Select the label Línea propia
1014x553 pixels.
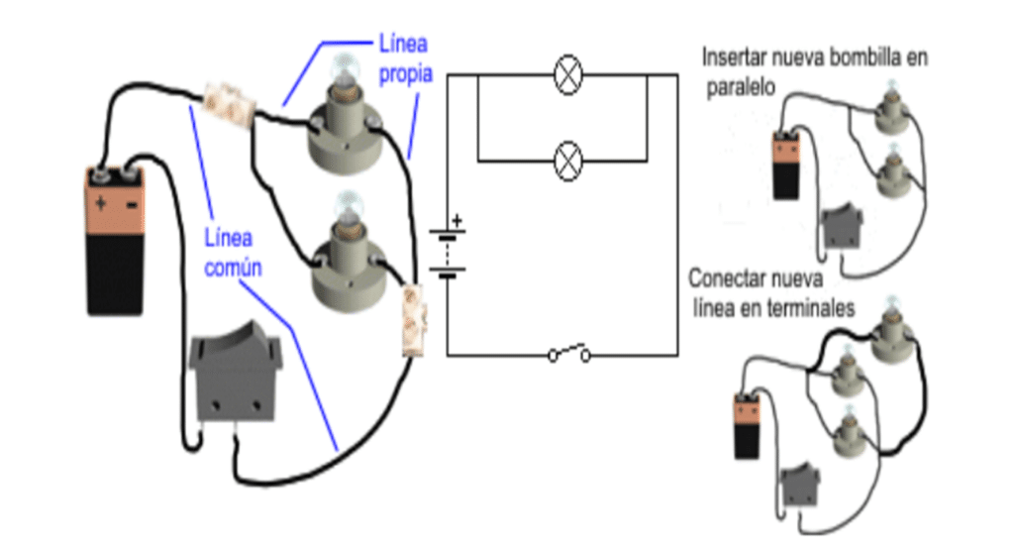(404, 56)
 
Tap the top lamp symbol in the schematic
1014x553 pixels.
(566, 75)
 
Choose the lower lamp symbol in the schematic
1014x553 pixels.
(566, 159)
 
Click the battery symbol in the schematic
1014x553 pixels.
(448, 254)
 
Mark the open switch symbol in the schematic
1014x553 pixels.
(569, 353)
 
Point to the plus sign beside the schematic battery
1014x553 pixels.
(456, 219)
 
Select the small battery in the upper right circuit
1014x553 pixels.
(786, 166)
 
